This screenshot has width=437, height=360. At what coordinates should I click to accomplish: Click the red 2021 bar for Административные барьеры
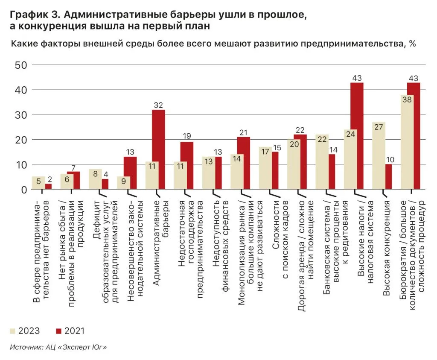(x=158, y=149)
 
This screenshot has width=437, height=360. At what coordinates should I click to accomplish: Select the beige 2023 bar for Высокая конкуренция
(x=379, y=155)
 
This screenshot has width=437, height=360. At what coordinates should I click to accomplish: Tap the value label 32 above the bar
(x=158, y=105)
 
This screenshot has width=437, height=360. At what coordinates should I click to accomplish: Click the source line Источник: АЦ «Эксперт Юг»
(x=58, y=348)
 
